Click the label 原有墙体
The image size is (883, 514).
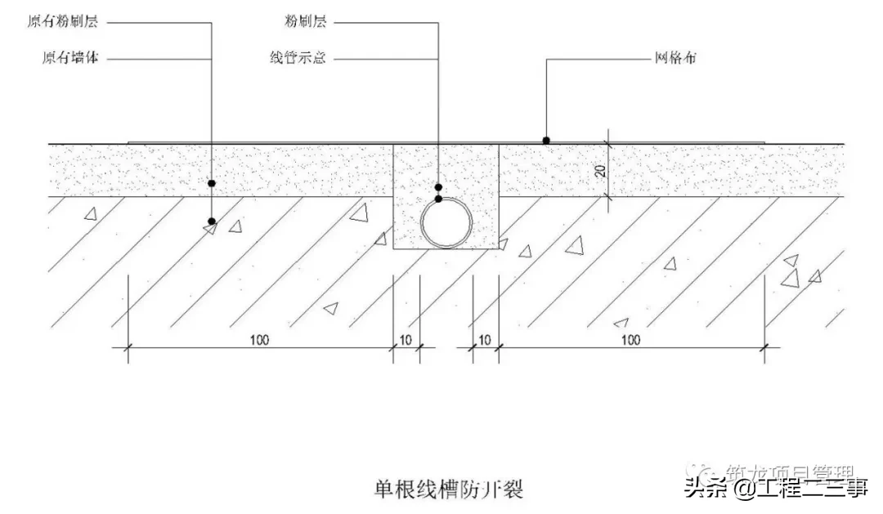click(x=69, y=58)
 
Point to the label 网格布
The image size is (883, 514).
click(x=675, y=58)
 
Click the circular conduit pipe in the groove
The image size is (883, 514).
click(x=446, y=223)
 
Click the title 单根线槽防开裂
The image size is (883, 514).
click(x=448, y=489)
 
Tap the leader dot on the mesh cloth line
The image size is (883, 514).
click(x=545, y=140)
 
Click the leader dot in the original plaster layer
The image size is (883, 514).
click(x=211, y=183)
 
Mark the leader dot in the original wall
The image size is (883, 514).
click(x=211, y=221)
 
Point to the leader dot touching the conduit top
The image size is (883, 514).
click(x=439, y=199)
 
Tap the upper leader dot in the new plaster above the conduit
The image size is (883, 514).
click(x=439, y=187)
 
